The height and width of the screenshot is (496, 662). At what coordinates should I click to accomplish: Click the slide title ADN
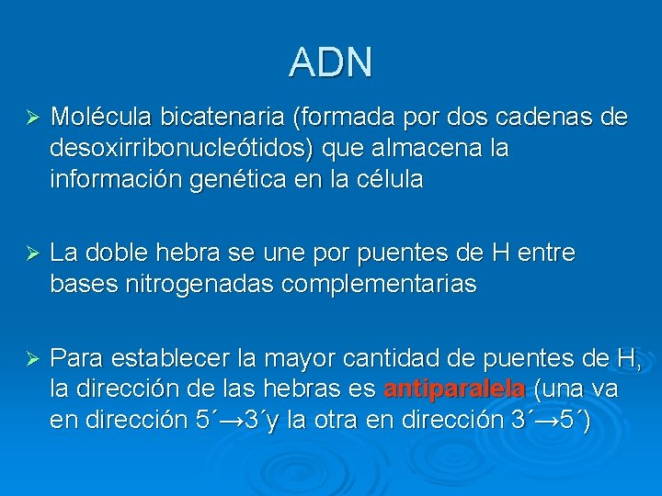[x=331, y=62]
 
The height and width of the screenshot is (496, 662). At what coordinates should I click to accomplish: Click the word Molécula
[x=102, y=118]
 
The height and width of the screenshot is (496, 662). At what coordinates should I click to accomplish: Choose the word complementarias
[x=379, y=284]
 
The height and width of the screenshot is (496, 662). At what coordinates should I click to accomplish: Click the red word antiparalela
[x=454, y=389]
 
